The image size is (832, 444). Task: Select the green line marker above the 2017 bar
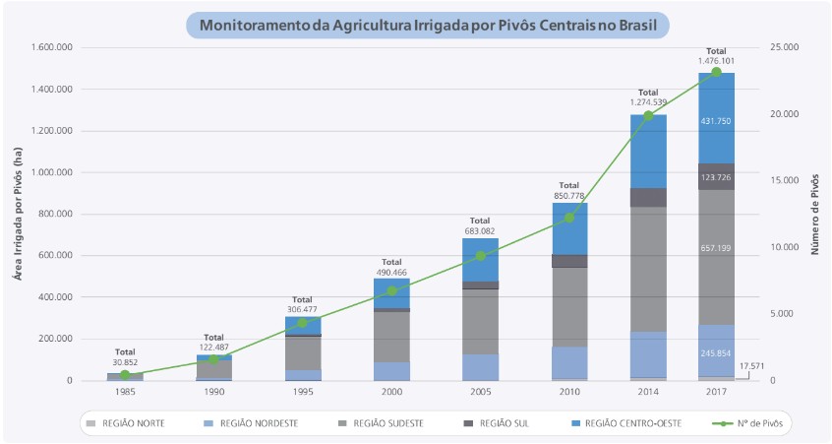tap(716, 72)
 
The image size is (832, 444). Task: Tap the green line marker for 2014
tap(648, 116)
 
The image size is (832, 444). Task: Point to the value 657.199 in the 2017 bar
tap(716, 248)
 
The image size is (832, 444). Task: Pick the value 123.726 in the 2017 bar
tap(716, 177)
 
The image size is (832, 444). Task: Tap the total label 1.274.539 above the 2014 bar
tap(648, 101)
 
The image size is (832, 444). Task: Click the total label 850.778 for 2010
tap(569, 196)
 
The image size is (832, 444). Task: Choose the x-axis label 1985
tap(125, 391)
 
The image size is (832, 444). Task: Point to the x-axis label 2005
tap(481, 391)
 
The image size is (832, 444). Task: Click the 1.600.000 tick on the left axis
tap(51, 47)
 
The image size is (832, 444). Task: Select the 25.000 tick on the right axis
tap(785, 47)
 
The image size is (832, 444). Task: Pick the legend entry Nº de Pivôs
tap(753, 423)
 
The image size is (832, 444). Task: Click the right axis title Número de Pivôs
tap(814, 214)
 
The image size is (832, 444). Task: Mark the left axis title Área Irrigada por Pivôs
tap(17, 214)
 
